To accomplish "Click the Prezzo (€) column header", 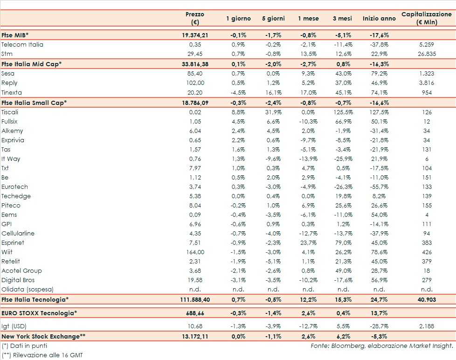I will coord(194,18).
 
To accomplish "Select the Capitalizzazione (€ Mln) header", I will coord(427,18).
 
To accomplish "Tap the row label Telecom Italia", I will coord(22,45).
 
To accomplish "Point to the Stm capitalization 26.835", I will coord(427,54).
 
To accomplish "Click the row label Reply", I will coord(9,83).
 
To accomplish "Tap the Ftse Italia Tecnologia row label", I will coord(35,299).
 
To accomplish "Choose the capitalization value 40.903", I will coord(427,299).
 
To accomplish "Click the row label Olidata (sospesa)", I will coord(28,290).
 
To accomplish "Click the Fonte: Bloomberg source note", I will coord(382,346).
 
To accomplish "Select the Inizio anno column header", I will coord(379,19).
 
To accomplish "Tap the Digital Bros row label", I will coord(18,280).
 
